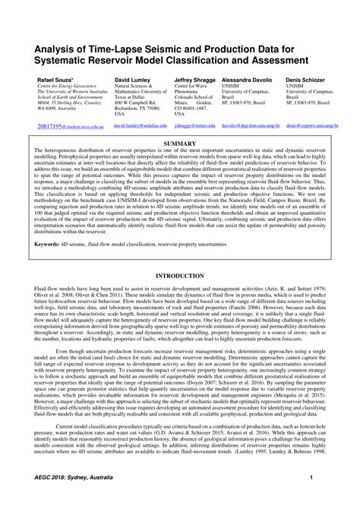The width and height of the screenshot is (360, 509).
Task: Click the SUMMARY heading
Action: [x=179, y=142]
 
